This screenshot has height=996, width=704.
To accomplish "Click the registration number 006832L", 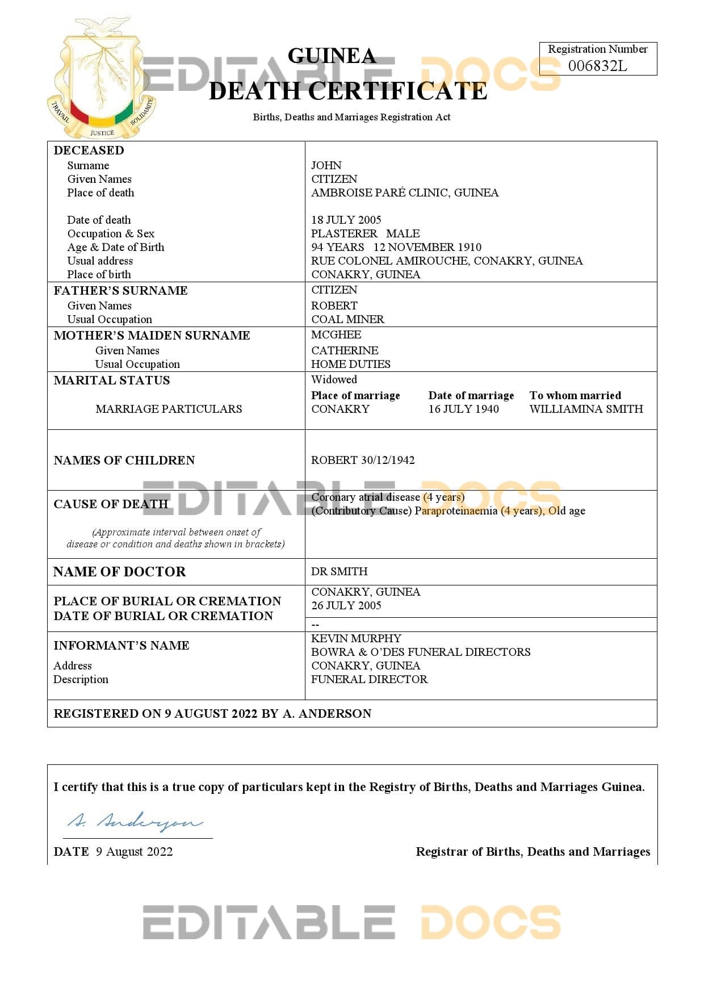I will pyautogui.click(x=597, y=66).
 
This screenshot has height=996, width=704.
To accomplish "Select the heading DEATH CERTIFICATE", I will pyautogui.click(x=348, y=91).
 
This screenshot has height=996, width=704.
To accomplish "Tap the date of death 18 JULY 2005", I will pyautogui.click(x=346, y=220).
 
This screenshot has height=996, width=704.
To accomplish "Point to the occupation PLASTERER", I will pyautogui.click(x=344, y=233).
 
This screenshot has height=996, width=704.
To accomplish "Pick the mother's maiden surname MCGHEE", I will pyautogui.click(x=336, y=334).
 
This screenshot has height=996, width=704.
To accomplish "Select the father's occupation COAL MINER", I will pyautogui.click(x=347, y=319).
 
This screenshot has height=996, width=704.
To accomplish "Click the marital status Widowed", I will pyautogui.click(x=334, y=379).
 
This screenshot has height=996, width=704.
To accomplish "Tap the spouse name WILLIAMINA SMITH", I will pyautogui.click(x=586, y=409).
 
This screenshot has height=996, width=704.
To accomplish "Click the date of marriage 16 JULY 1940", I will pyautogui.click(x=463, y=409).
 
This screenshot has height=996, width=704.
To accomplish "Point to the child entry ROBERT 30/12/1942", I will pyautogui.click(x=363, y=460).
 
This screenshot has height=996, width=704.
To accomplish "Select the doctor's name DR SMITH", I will pyautogui.click(x=339, y=571).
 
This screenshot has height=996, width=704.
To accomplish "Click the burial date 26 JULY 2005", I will pyautogui.click(x=346, y=605).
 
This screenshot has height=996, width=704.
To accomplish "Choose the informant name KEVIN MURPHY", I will pyautogui.click(x=356, y=638).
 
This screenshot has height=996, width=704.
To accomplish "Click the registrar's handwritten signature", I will pyautogui.click(x=135, y=821).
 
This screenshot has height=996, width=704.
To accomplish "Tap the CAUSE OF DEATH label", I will pyautogui.click(x=111, y=504).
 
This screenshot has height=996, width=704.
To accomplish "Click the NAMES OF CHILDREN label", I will pyautogui.click(x=124, y=460).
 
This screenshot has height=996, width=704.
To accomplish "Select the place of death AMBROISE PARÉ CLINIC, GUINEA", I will pyautogui.click(x=405, y=192).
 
